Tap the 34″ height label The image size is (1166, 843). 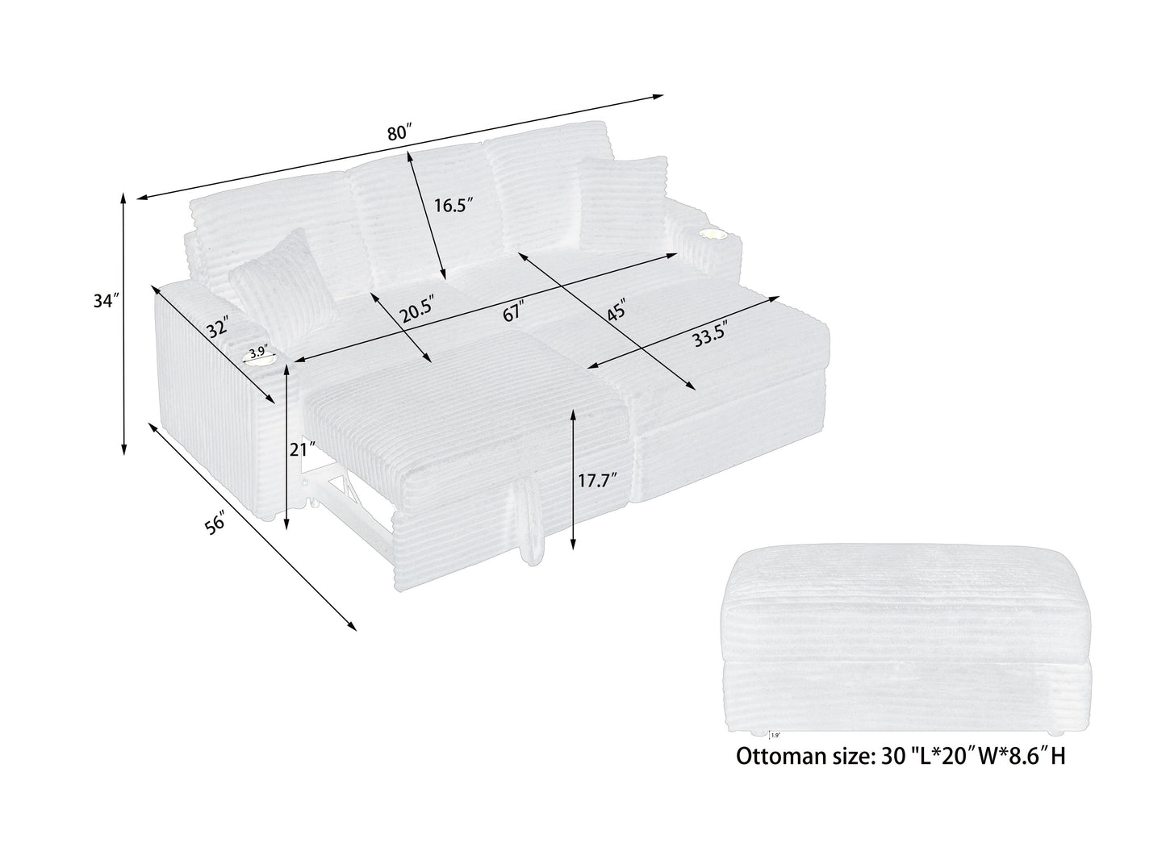click(106, 302)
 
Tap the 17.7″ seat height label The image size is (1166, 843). click(597, 481)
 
